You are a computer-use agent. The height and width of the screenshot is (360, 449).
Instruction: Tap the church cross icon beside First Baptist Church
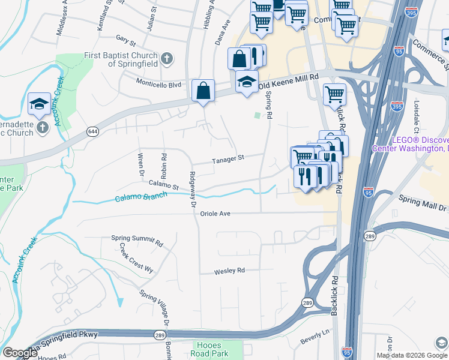click(x=167, y=58)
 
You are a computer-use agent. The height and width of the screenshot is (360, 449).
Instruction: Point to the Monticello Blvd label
click(x=158, y=85)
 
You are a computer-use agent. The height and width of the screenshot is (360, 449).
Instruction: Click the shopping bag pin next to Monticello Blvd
click(x=203, y=91)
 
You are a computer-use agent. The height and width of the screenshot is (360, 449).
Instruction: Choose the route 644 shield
click(x=92, y=131)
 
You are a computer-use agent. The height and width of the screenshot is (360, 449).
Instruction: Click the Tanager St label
click(x=228, y=159)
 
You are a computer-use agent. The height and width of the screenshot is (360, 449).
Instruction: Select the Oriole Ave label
click(x=215, y=213)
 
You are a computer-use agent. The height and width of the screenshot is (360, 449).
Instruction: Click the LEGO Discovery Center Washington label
click(x=419, y=143)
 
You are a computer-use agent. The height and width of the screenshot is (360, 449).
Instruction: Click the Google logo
click(x=20, y=352)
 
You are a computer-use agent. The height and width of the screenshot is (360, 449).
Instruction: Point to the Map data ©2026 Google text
click(x=404, y=355)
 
